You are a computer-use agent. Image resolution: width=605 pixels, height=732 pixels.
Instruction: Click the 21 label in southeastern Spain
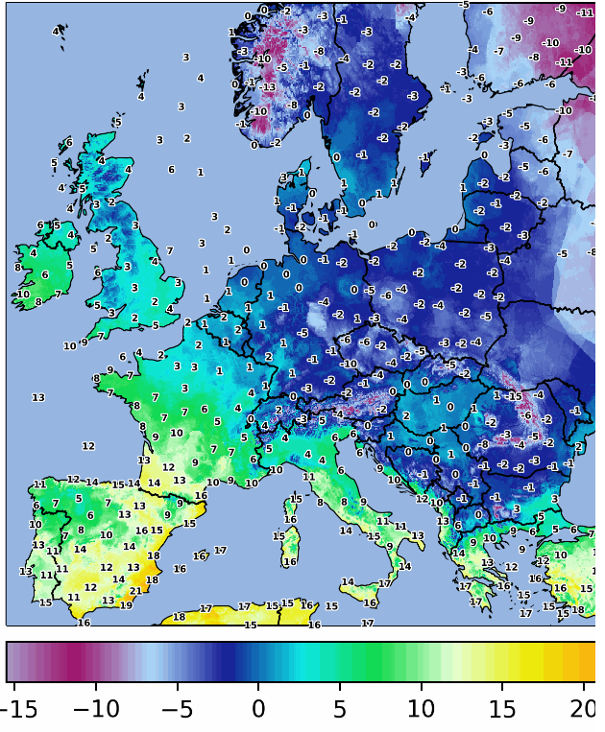tap(135, 591)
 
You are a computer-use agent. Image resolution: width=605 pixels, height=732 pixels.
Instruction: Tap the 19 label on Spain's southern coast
tap(126, 605)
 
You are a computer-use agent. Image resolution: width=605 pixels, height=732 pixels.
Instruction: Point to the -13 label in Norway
tap(269, 87)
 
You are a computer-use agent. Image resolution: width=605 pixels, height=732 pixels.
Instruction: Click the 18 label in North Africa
tap(179, 617)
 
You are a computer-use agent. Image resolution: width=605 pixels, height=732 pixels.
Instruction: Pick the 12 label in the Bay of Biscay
tap(88, 446)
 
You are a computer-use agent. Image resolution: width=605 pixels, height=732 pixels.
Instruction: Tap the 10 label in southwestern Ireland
tap(22, 295)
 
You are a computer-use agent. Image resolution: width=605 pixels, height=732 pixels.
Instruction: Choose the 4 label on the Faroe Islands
tap(56, 32)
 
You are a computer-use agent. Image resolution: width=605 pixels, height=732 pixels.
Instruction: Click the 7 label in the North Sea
tap(169, 250)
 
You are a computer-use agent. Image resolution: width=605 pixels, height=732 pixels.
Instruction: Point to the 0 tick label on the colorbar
tap(257, 710)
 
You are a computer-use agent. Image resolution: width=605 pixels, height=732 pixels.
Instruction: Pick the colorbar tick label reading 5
tap(339, 710)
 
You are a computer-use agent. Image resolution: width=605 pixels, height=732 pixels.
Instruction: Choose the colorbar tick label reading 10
tap(422, 710)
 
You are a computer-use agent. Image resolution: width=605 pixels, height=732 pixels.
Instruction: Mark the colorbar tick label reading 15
tap(503, 710)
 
